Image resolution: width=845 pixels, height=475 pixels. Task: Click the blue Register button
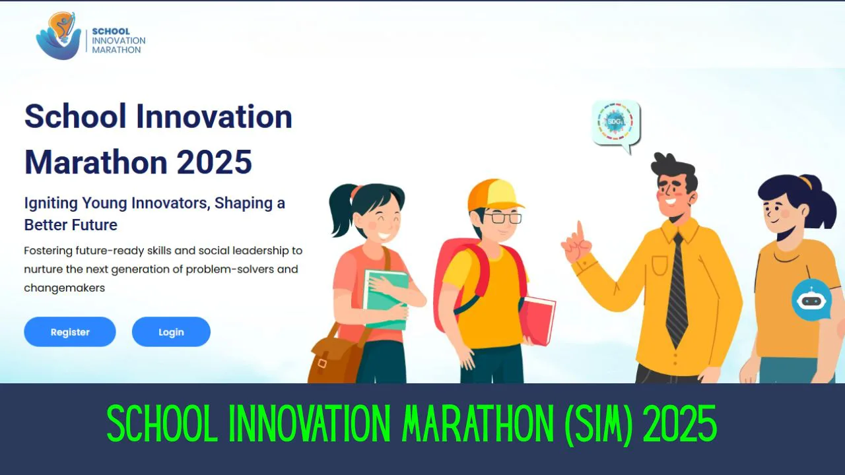tap(70, 332)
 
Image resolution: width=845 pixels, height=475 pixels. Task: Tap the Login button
tap(171, 332)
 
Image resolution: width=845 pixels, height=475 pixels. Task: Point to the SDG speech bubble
tap(615, 123)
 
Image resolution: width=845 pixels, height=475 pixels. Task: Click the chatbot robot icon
tap(811, 300)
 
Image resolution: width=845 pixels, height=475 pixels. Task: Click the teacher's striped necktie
tap(677, 290)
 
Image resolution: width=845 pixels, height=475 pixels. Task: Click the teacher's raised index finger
tap(580, 231)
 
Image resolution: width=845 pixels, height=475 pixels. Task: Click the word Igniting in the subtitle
tap(51, 203)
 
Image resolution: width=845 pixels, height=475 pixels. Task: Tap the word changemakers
tap(65, 288)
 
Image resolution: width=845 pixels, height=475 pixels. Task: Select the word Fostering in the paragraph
tap(50, 251)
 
